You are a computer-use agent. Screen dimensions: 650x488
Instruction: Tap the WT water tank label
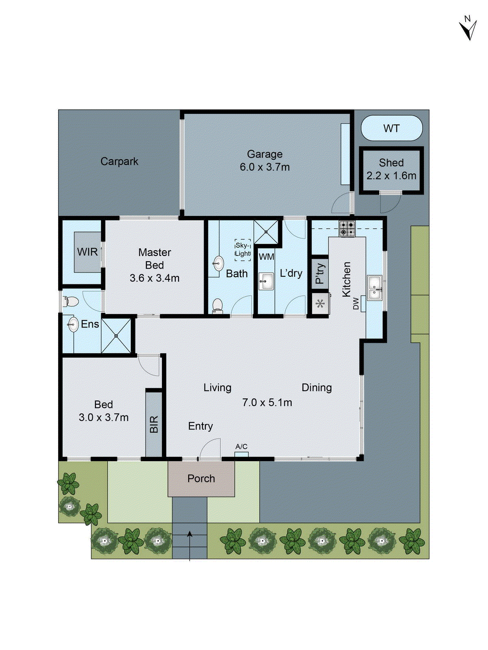pyautogui.click(x=391, y=128)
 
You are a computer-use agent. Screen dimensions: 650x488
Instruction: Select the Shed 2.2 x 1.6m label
pyautogui.click(x=391, y=169)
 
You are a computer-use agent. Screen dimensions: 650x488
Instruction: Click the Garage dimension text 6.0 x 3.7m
pyautogui.click(x=265, y=167)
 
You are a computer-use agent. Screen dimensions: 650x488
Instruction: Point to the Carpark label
pyautogui.click(x=119, y=161)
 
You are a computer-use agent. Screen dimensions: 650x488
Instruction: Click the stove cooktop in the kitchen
pyautogui.click(x=347, y=229)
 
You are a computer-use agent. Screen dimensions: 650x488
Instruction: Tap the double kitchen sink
pyautogui.click(x=374, y=288)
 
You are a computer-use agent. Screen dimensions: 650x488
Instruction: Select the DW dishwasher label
pyautogui.click(x=356, y=303)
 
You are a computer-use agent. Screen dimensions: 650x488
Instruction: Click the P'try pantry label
pyautogui.click(x=320, y=273)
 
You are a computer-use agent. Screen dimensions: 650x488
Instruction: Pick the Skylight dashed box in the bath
pyautogui.click(x=243, y=249)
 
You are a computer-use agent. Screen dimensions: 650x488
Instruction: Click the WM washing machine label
pyautogui.click(x=266, y=257)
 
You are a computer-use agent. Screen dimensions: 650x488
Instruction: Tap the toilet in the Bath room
pyautogui.click(x=218, y=305)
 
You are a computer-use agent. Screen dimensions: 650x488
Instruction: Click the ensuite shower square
pyautogui.click(x=116, y=336)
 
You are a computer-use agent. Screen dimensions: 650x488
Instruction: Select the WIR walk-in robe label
pyautogui.click(x=87, y=252)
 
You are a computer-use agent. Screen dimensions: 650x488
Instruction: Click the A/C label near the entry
pyautogui.click(x=241, y=446)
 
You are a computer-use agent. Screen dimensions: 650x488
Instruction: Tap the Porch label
pyautogui.click(x=201, y=479)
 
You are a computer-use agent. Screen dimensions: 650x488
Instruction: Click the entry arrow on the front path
pyautogui.click(x=190, y=540)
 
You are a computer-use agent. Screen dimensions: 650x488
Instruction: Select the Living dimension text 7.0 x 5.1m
pyautogui.click(x=267, y=403)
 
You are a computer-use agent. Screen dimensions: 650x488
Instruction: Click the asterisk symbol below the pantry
pyautogui.click(x=320, y=303)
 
